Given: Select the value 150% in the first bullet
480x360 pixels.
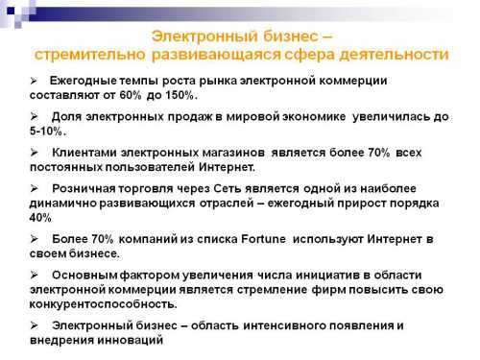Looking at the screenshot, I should [180, 96].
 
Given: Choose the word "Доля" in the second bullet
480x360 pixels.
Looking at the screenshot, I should [69, 115].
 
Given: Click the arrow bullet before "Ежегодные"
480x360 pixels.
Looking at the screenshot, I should [35, 80].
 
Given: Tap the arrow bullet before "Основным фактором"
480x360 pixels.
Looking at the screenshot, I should [35, 274].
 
